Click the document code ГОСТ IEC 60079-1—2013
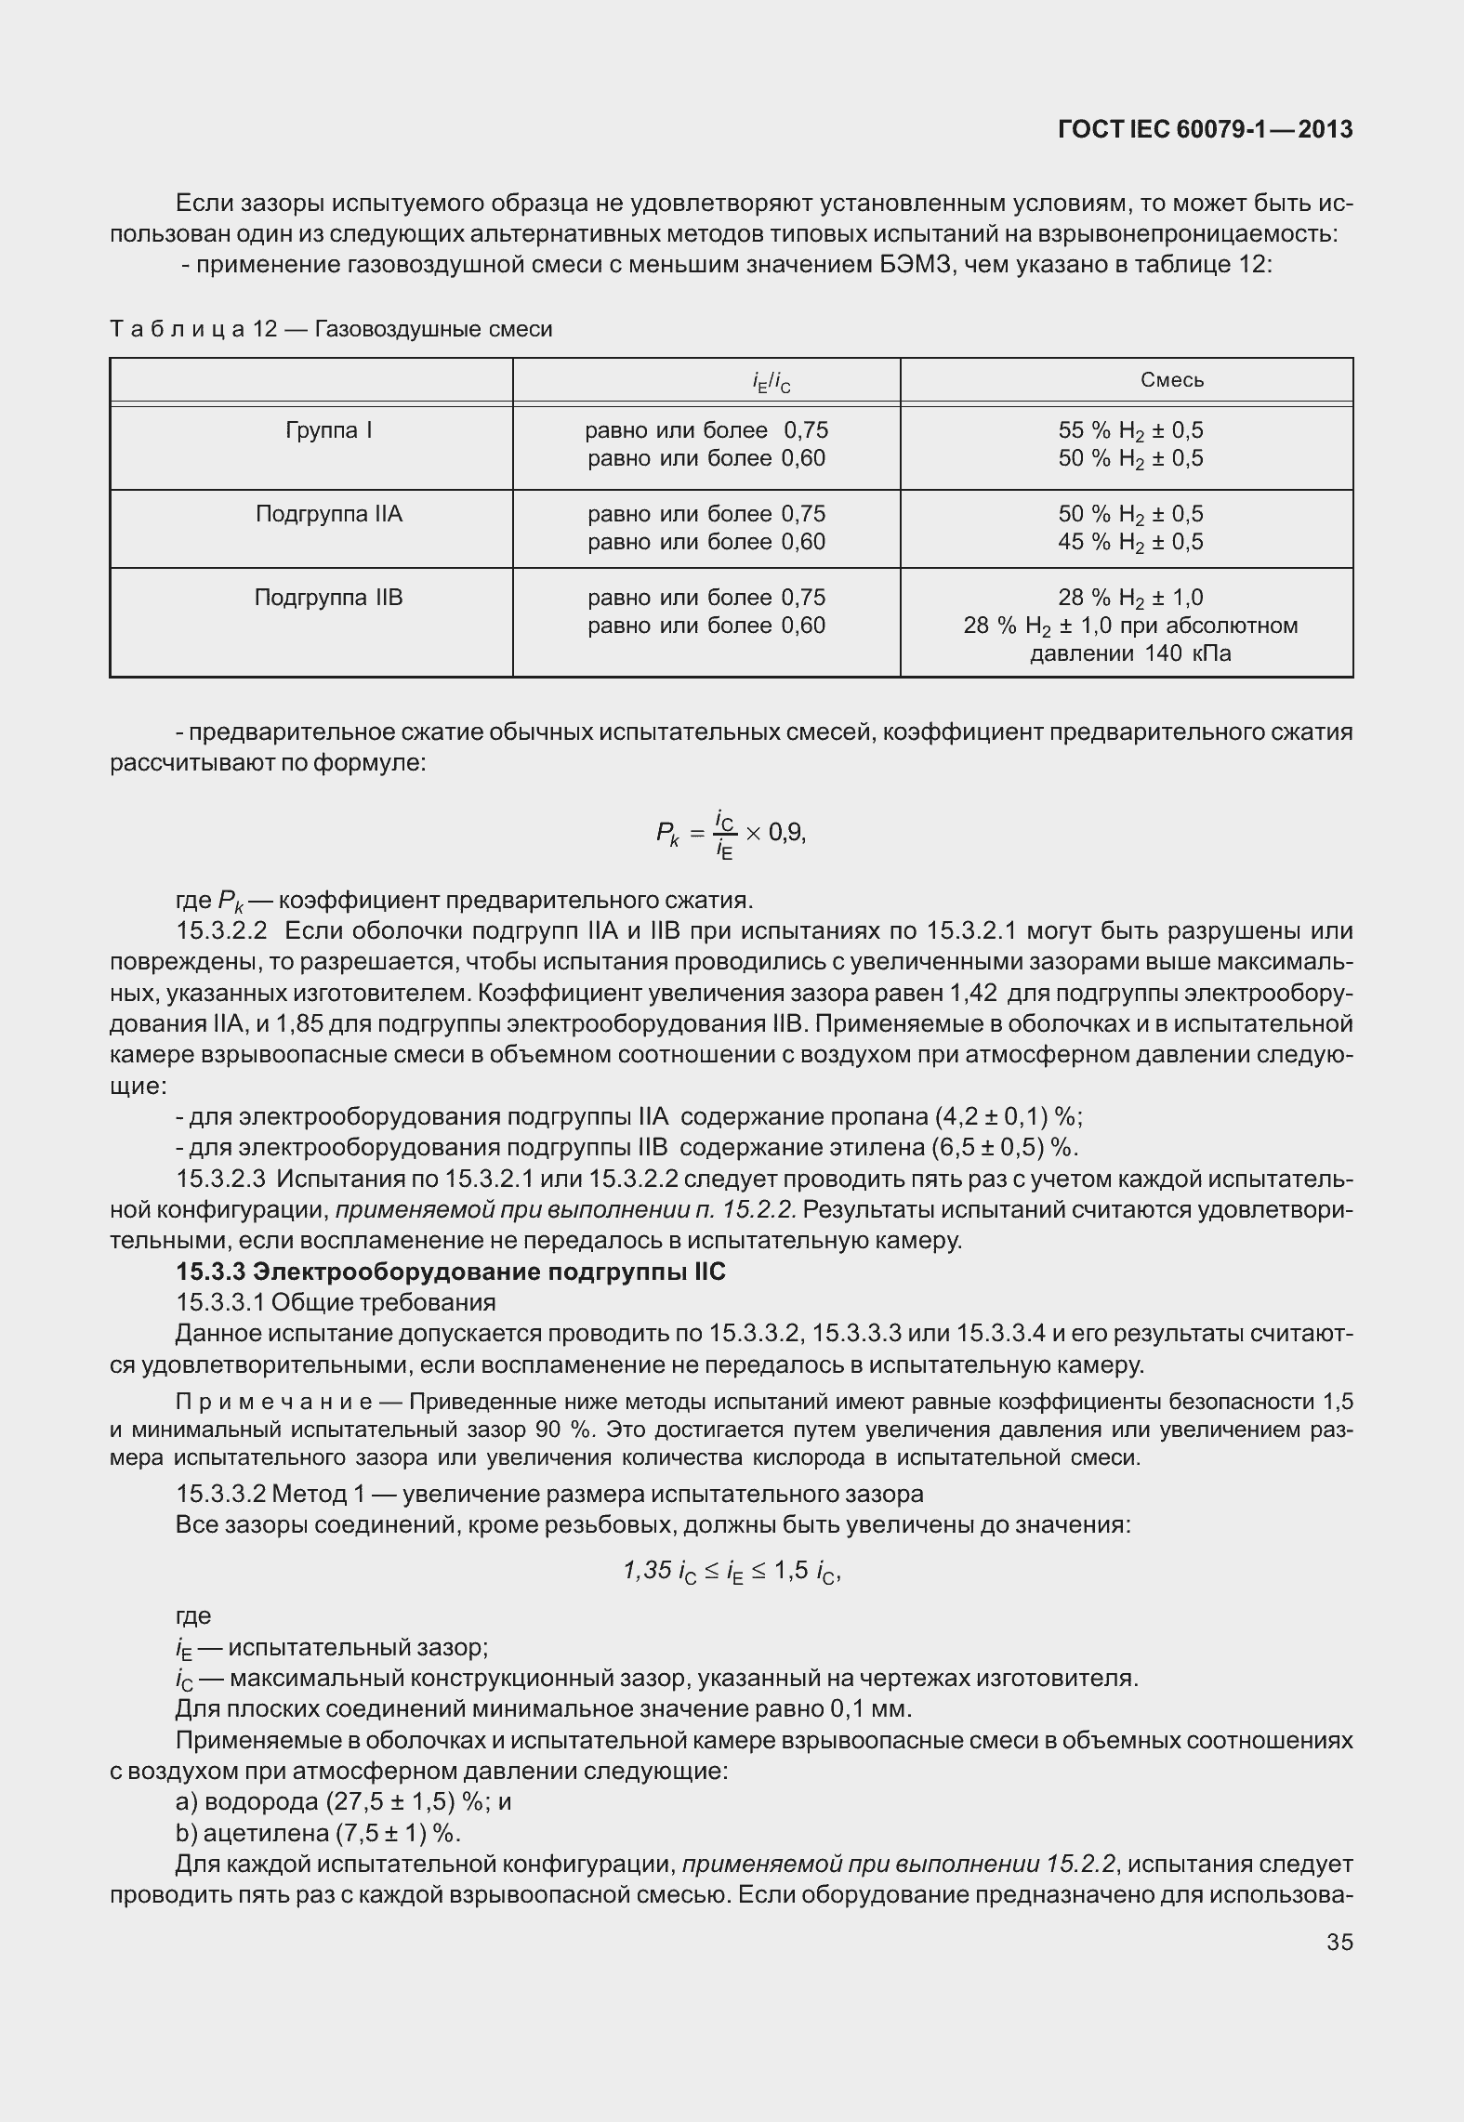point(1205,130)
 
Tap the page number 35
point(1339,1942)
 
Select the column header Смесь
point(1171,380)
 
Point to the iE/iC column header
point(771,381)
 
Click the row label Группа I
point(329,430)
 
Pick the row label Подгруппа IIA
point(329,514)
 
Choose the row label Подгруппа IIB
point(329,597)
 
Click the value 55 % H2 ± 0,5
point(1130,430)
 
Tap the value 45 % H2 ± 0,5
point(1130,542)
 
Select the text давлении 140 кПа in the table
point(1130,653)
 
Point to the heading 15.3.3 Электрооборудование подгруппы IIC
point(451,1272)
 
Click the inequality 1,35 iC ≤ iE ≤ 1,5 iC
point(732,1571)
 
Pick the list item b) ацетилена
point(318,1833)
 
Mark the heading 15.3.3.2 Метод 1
point(548,1494)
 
